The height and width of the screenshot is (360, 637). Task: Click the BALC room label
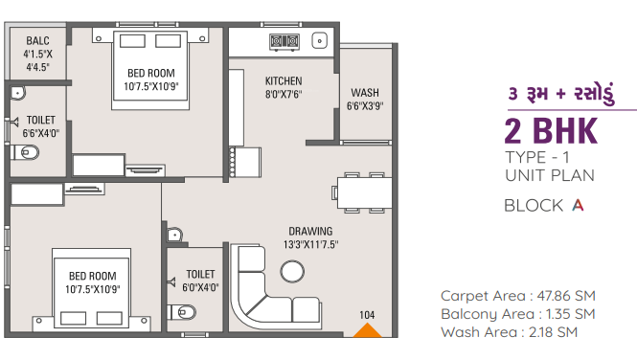point(37,41)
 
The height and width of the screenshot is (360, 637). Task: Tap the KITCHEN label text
point(284,81)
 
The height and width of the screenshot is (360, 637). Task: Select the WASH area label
point(364,93)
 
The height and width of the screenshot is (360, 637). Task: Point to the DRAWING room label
point(311,231)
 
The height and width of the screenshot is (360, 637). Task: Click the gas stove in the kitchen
point(284,41)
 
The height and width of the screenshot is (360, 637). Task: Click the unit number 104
point(367,314)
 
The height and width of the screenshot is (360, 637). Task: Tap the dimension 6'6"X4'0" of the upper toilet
point(40,133)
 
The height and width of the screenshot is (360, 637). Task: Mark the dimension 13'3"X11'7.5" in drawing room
point(310,244)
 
